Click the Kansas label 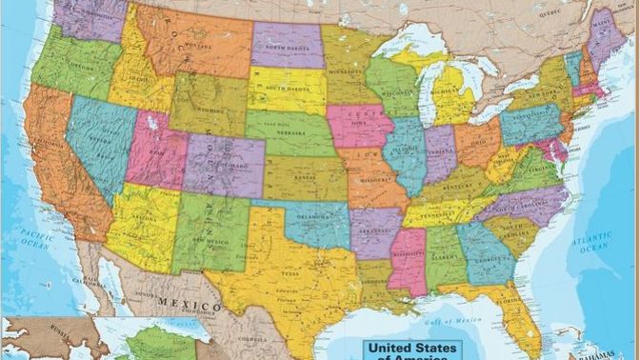point(307,177)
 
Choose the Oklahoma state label point(313,216)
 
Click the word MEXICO point(188,305)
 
